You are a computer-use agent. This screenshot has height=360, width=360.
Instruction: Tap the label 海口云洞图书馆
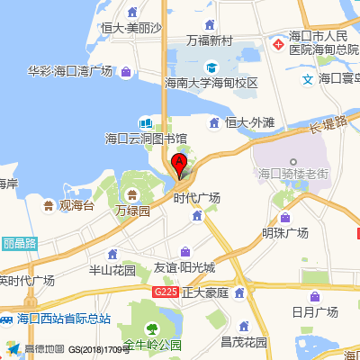pos(147,139)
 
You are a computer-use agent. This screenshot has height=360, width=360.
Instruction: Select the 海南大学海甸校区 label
pos(211,83)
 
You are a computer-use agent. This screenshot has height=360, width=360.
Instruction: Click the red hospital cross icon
pos(278,44)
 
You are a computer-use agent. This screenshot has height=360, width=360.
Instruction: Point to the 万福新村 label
pos(210,40)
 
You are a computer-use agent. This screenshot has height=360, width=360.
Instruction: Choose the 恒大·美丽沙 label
pos(130,28)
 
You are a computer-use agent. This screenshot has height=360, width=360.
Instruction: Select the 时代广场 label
pos(197,198)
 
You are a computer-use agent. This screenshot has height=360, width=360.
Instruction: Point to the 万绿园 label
pos(132,211)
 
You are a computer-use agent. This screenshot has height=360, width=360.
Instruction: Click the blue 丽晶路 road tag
pos(18,243)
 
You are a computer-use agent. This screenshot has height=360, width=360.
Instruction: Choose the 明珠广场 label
pos(285,232)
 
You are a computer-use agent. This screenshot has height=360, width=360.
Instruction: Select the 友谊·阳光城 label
pos(184,267)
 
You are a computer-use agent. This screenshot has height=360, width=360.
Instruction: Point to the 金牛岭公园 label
pos(153,344)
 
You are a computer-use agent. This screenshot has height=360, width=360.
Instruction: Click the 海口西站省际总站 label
pos(63,318)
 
